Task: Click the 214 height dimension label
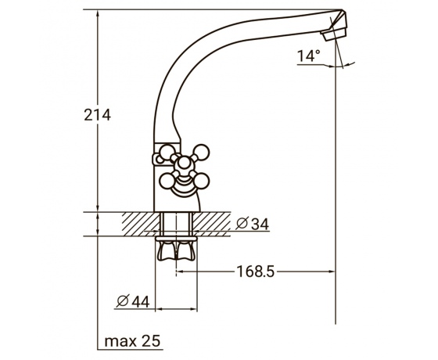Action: (98, 115)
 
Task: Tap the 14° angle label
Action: (308, 56)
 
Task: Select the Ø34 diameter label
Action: (252, 224)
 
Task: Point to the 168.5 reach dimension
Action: (256, 272)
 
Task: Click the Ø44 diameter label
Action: (133, 301)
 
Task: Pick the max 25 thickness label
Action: (132, 341)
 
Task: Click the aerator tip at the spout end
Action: (335, 34)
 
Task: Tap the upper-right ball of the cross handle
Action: (202, 153)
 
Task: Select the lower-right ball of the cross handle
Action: (202, 181)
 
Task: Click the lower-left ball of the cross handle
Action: (167, 181)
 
